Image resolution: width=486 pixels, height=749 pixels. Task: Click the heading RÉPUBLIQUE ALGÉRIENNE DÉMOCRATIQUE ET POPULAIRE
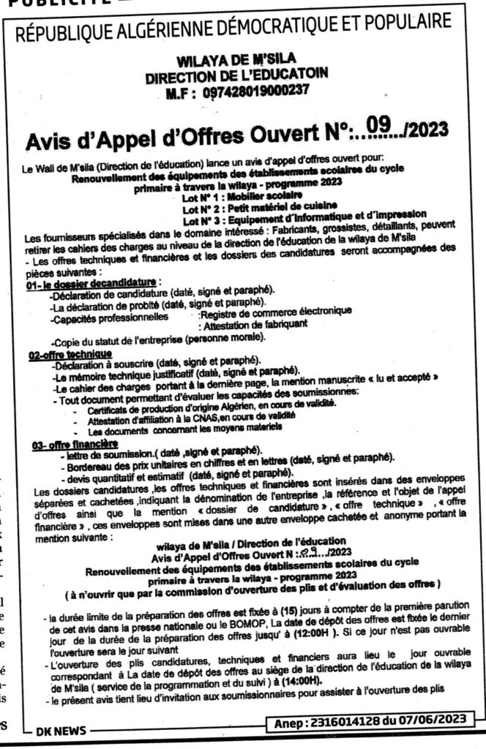(242, 33)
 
